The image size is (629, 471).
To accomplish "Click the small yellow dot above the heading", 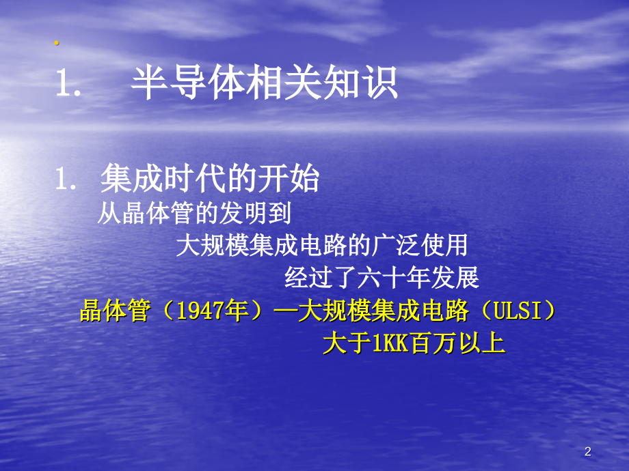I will coord(57,44).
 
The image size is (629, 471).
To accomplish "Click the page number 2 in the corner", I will coord(587,451).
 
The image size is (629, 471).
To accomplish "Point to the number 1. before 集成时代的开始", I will coord(68,181).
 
